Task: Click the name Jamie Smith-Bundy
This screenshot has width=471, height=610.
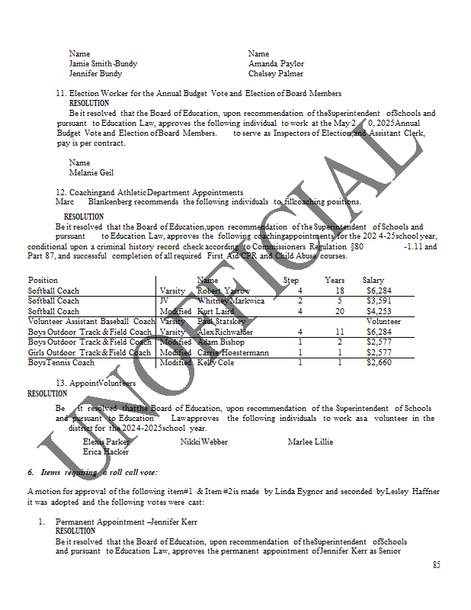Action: (103, 64)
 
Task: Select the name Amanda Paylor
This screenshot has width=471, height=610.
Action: (276, 64)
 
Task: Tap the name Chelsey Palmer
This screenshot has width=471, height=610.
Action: (275, 74)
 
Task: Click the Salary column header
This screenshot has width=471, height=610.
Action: (373, 281)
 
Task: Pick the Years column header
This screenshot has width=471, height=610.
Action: (335, 281)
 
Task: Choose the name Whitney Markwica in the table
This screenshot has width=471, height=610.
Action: (230, 301)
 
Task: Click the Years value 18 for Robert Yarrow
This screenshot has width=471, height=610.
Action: (340, 291)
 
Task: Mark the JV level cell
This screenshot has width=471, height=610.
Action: (165, 301)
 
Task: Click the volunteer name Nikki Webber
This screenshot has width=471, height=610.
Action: (203, 441)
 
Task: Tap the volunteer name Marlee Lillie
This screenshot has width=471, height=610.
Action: (310, 441)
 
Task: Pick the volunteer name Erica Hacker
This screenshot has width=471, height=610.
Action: (104, 452)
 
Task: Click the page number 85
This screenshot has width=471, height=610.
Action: (436, 565)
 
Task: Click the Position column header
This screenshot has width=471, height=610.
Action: (43, 281)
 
